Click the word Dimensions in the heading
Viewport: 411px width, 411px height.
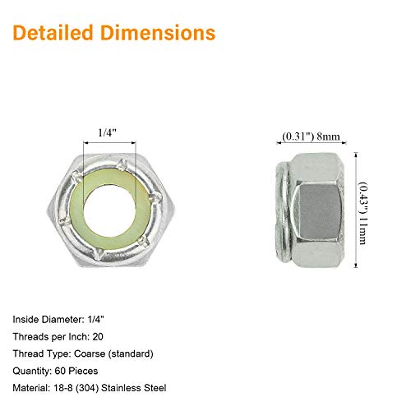158,33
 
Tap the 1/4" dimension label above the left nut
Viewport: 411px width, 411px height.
108,133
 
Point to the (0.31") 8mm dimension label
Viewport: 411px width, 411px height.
311,136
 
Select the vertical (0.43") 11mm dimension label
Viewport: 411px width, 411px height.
363,213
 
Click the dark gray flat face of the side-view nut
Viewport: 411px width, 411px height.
318,211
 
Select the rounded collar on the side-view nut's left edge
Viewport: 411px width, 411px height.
283,212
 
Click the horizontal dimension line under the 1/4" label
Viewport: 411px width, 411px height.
109,143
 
